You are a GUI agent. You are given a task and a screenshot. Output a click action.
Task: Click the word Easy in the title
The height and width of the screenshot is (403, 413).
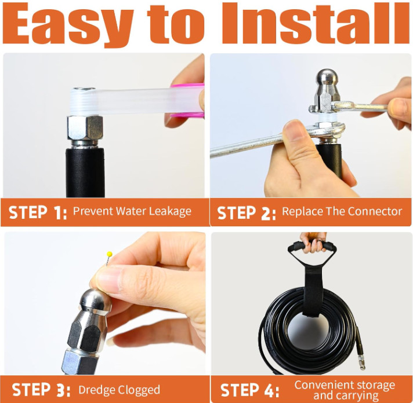68,24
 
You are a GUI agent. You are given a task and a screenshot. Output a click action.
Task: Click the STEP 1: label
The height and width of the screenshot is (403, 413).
38,213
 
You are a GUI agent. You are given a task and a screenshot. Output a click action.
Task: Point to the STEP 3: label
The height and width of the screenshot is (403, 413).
41,390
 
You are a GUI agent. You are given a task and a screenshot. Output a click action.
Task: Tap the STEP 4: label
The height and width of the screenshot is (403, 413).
249,390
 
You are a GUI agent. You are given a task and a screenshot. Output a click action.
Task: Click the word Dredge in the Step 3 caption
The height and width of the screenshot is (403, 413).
96,390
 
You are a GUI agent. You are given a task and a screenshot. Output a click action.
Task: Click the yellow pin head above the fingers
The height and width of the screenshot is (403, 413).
110,254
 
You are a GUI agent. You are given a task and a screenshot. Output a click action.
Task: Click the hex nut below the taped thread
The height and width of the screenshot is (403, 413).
85,128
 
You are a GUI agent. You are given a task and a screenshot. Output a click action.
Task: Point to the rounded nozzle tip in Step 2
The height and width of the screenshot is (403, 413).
327,79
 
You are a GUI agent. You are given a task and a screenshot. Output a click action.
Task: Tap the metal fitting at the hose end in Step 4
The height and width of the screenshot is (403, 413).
360,361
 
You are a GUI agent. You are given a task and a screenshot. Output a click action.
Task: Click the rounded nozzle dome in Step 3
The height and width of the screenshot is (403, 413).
96,300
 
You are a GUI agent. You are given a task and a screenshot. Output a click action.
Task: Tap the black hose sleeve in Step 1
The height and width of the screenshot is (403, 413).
85,173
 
